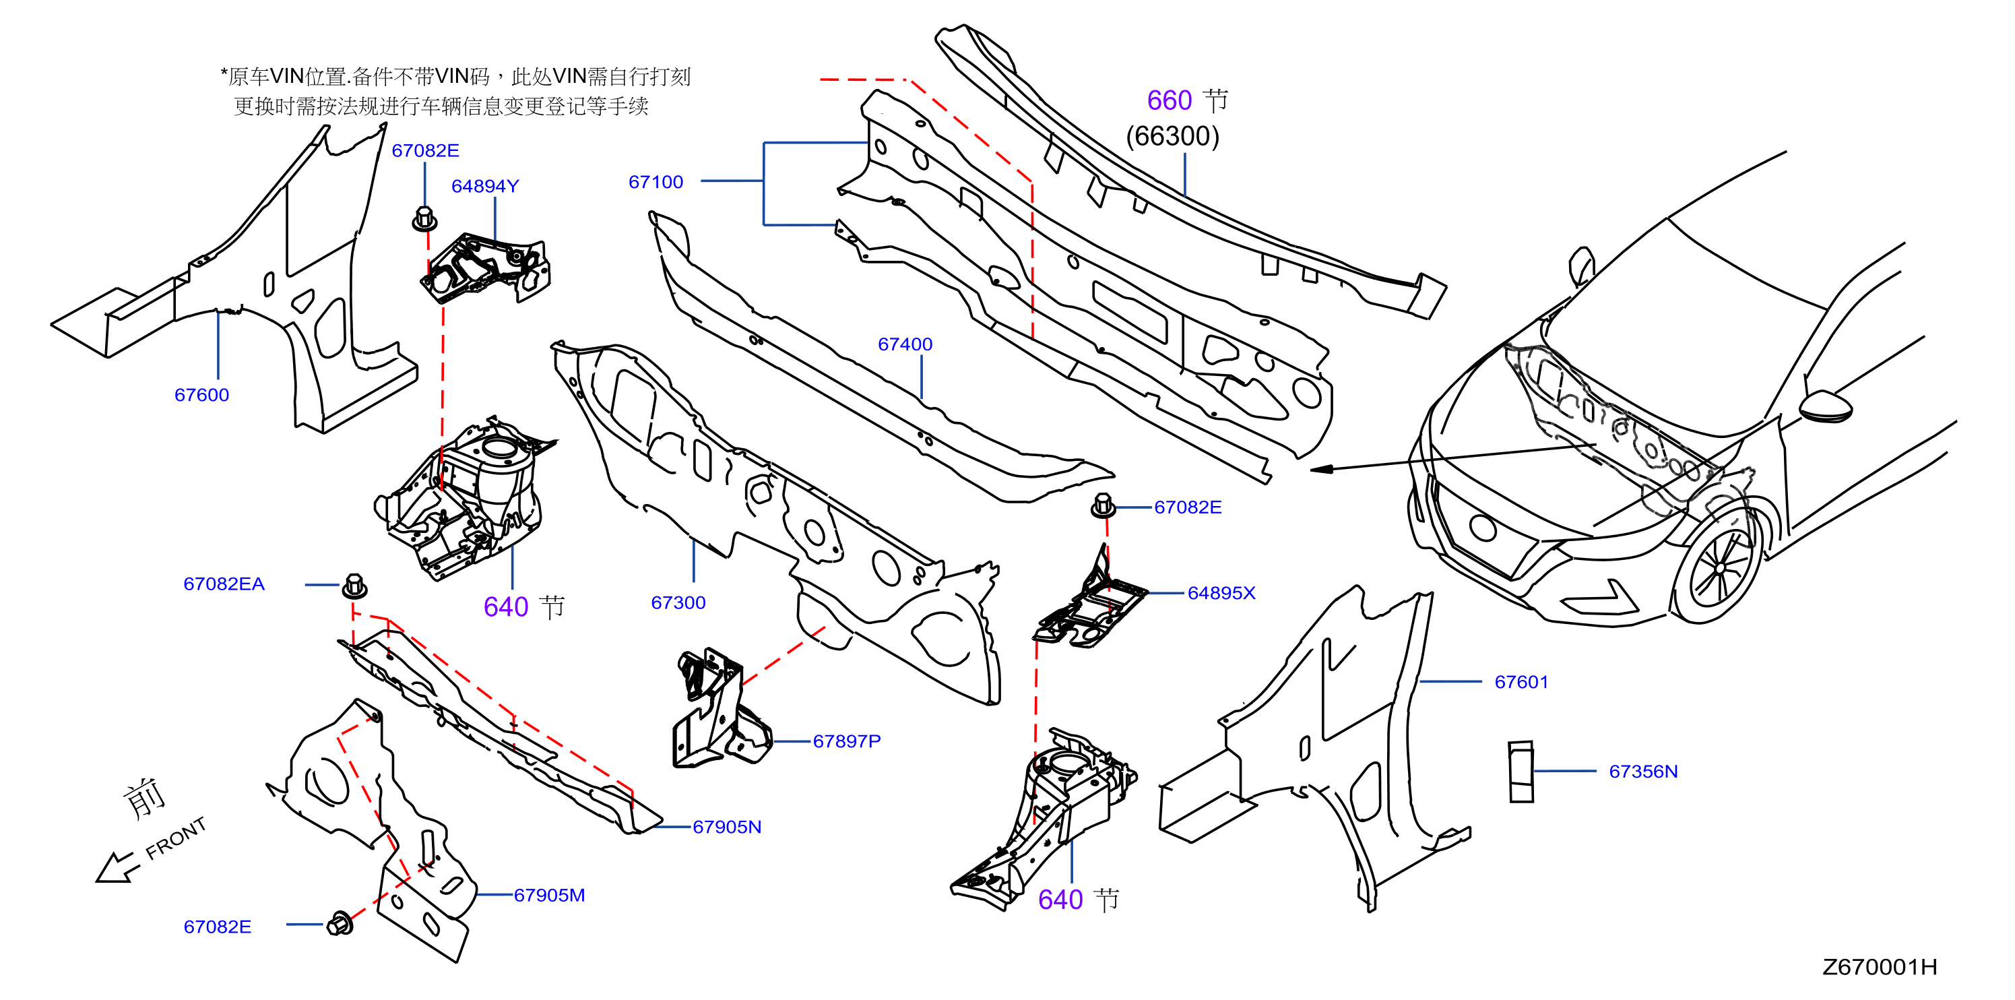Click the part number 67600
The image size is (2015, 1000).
[x=202, y=395]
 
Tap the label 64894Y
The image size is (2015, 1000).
[x=485, y=186]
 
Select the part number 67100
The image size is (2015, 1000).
[x=655, y=183]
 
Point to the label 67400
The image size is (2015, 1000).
[x=905, y=344]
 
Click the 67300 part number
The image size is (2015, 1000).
[x=678, y=602]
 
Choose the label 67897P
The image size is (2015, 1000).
[x=846, y=741]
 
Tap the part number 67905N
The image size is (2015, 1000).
[x=727, y=827]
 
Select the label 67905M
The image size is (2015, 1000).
[x=549, y=895]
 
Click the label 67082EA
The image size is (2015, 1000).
[x=224, y=584]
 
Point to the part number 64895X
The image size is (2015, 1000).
[x=1221, y=593]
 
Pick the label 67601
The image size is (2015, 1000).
[x=1521, y=683]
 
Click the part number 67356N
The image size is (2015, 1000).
[x=1642, y=772]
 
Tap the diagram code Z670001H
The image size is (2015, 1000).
[x=1880, y=967]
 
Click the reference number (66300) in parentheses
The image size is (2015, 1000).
[x=1172, y=136]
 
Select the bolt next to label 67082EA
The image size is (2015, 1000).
[x=354, y=586]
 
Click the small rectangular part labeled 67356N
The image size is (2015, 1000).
[x=1521, y=772]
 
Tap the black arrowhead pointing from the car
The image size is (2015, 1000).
[x=1321, y=470]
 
